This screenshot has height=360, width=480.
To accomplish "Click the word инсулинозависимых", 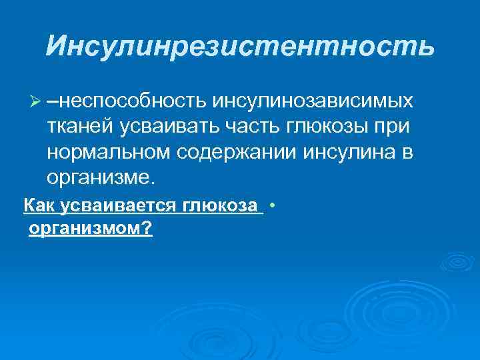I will [313, 101].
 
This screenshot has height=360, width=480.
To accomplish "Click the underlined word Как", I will [39, 207].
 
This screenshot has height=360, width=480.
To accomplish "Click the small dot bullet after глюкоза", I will [274, 205].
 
